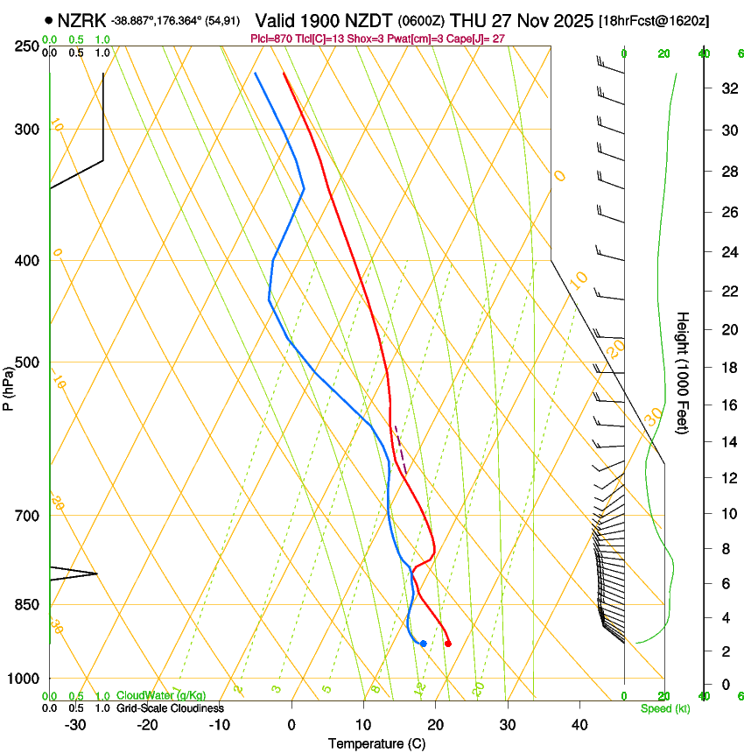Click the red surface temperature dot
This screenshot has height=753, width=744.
(448, 644)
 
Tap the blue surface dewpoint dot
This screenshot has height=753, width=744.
(423, 644)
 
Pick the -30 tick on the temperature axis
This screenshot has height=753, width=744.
(75, 724)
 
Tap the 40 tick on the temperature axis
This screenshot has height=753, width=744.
(579, 724)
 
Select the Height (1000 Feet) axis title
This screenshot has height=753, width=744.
(683, 373)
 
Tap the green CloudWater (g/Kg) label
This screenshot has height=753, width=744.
(161, 696)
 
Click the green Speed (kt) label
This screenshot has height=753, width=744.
(664, 707)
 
